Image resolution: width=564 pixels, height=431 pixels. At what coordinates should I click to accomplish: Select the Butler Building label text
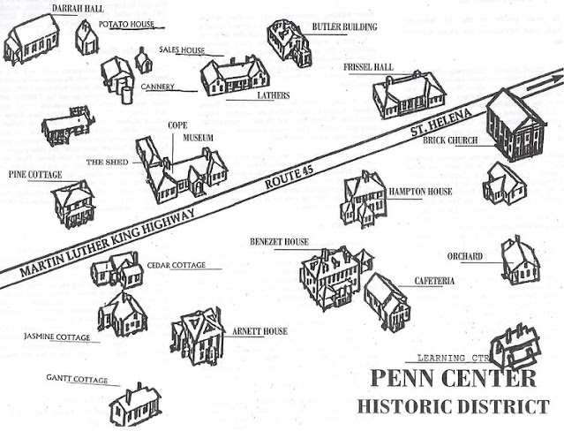pos(344,27)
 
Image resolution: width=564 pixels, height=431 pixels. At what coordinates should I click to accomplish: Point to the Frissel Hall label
pos(372,67)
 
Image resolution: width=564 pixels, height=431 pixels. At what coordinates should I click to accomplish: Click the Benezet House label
pos(279,240)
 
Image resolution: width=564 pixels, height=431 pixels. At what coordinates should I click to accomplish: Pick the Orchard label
pos(464,256)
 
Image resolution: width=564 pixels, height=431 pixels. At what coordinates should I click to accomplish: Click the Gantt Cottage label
pos(76,380)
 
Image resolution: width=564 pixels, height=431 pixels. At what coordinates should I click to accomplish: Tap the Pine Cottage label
pos(35,175)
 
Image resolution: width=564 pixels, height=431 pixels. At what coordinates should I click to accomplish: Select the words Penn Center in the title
pos(453,380)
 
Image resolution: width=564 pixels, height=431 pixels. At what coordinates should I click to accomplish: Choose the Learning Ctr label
pos(453,359)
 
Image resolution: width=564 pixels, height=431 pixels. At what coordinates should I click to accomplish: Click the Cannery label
pos(155,87)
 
